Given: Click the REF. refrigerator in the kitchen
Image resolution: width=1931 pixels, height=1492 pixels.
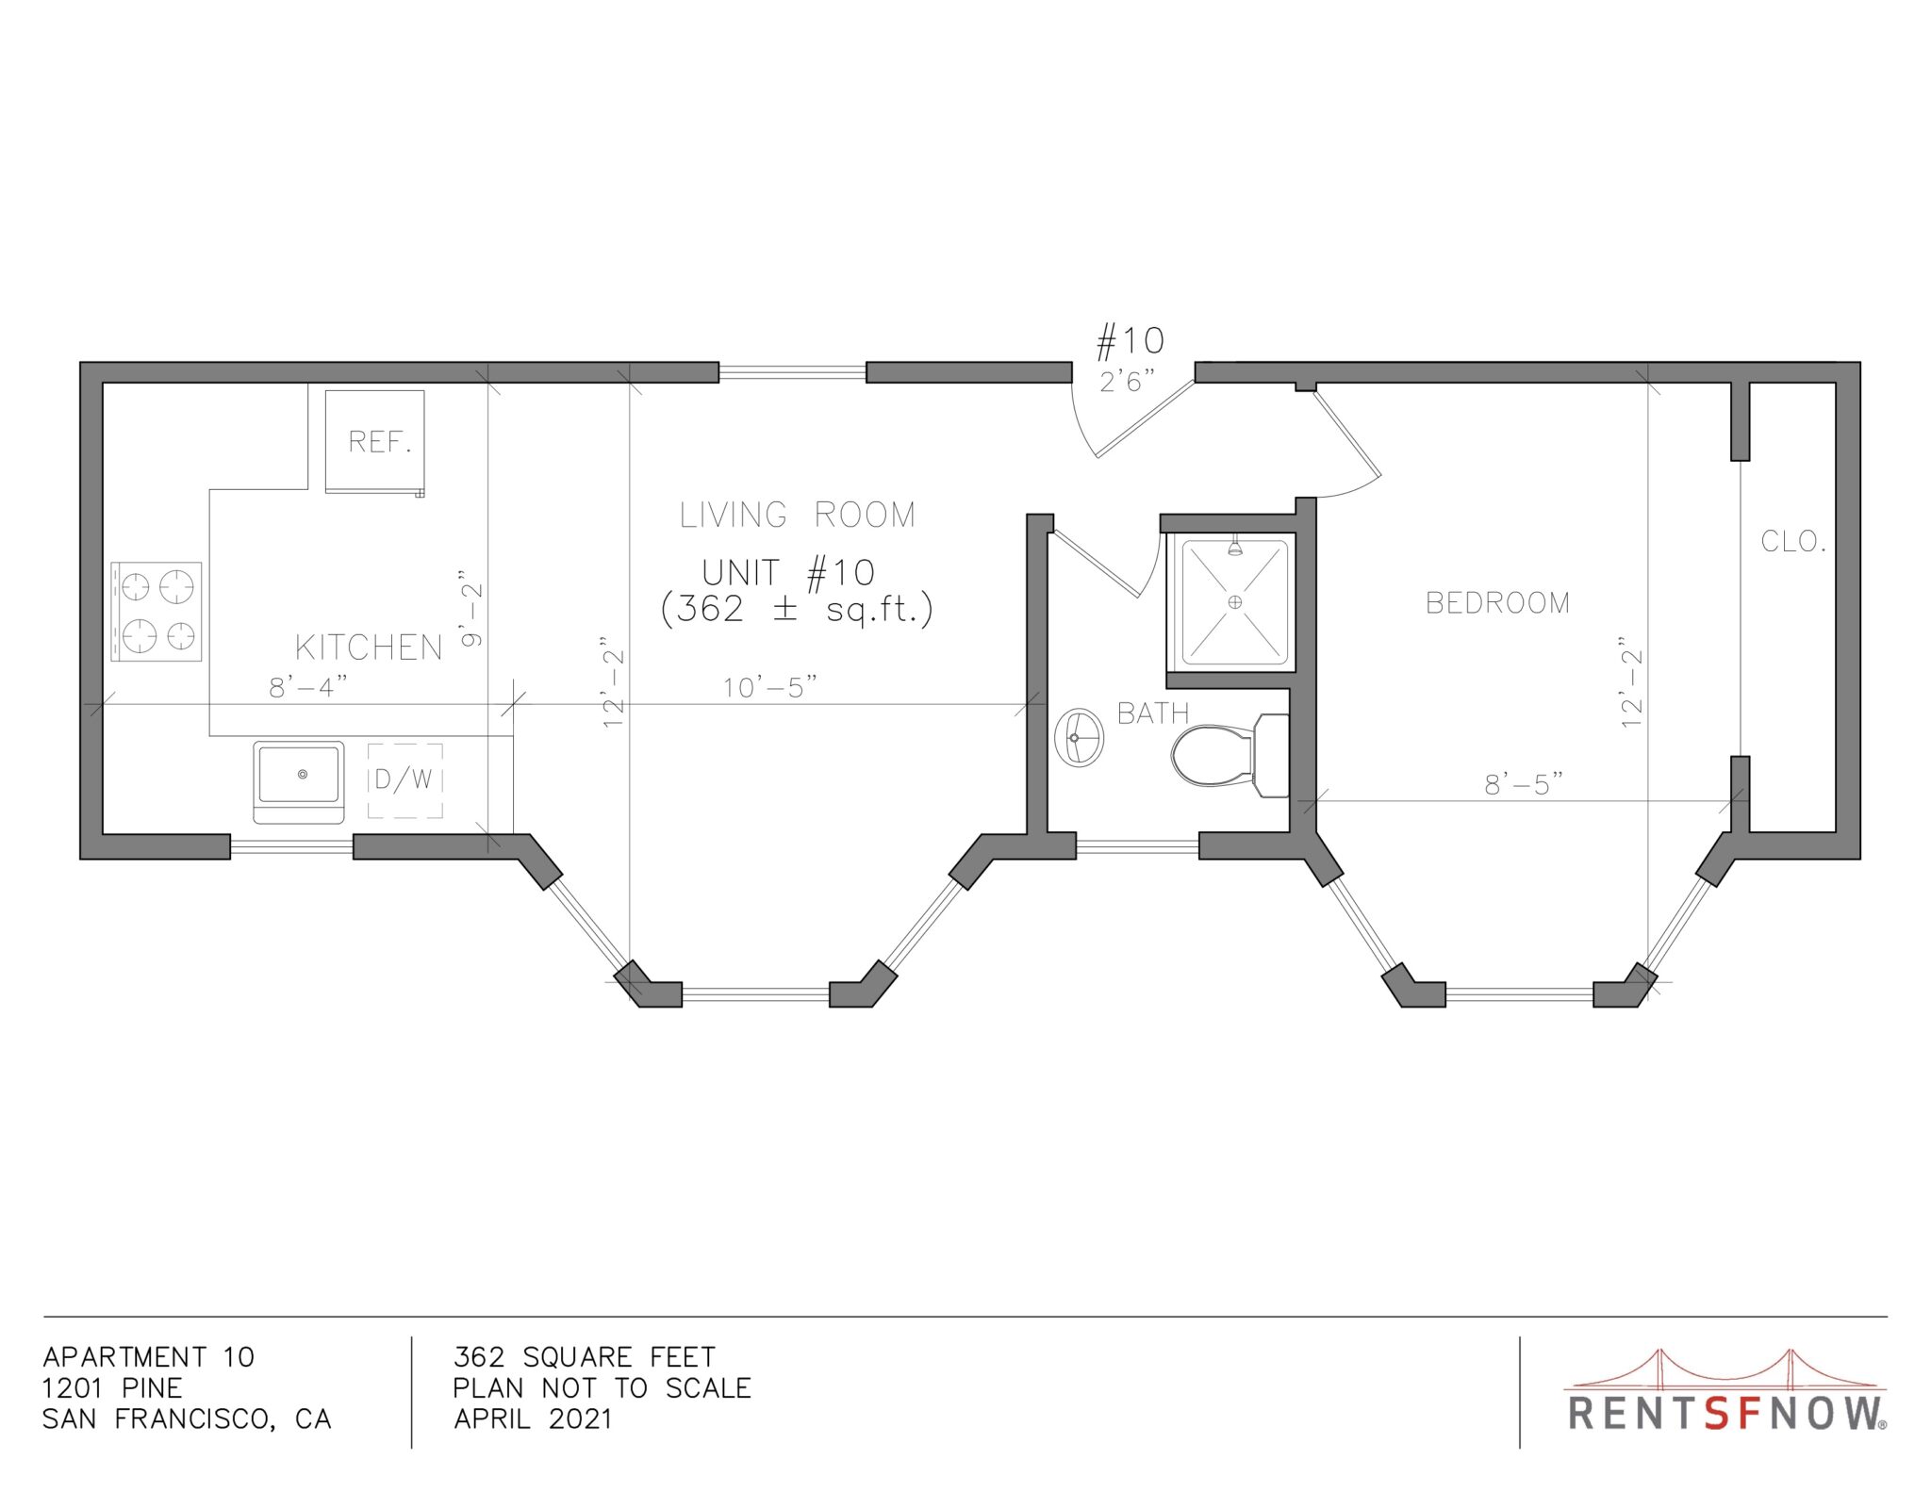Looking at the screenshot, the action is pos(374,441).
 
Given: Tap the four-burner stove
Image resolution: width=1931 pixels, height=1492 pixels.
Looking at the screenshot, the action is pos(157,611).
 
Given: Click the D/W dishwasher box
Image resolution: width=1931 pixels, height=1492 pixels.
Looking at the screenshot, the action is pos(405,780).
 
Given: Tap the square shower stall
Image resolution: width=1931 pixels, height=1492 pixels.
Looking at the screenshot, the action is pos(1234,601).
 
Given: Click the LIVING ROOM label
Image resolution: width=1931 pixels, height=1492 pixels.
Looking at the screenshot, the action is pos(798,515).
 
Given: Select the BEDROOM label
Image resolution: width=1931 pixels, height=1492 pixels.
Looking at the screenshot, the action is pos(1497,603).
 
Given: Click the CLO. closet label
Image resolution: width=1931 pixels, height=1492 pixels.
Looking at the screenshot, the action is pos(1793,542).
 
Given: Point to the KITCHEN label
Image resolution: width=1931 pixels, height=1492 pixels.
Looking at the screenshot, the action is pos(369,648).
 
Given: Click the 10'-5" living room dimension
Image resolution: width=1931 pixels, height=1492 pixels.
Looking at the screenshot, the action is pos(769,688).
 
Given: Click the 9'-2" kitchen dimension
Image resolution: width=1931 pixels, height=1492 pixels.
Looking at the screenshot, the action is pos(471,608).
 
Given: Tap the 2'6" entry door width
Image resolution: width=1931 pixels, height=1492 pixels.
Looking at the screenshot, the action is pos(1127,382).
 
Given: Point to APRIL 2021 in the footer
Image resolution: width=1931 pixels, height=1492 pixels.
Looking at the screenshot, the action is pos(533,1418).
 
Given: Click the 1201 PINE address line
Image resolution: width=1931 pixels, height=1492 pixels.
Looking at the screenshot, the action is pos(112,1387).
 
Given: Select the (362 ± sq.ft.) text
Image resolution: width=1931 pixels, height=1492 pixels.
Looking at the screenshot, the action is pos(797,610).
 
